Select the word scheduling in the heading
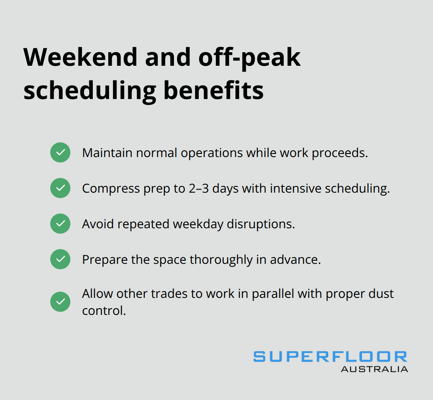89,91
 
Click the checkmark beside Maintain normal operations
60,152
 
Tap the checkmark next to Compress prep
60,188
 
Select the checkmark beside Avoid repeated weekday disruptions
60,224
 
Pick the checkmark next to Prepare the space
60,259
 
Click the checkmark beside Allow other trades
60,302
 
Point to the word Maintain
107,153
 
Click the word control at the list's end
104,311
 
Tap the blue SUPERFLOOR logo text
330,357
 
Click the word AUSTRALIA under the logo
374,369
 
